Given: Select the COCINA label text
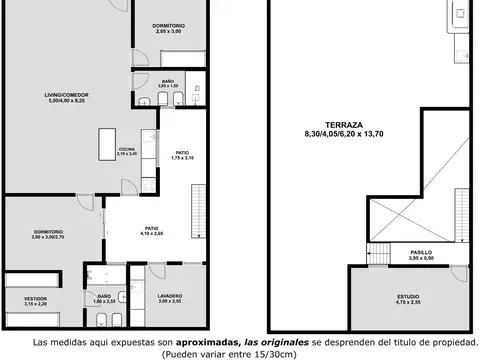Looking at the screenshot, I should tap(128, 148).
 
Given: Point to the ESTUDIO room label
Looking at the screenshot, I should tap(407, 296).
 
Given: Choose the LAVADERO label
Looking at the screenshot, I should tap(169, 296).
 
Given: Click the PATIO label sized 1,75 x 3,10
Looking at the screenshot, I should tap(181, 152).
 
